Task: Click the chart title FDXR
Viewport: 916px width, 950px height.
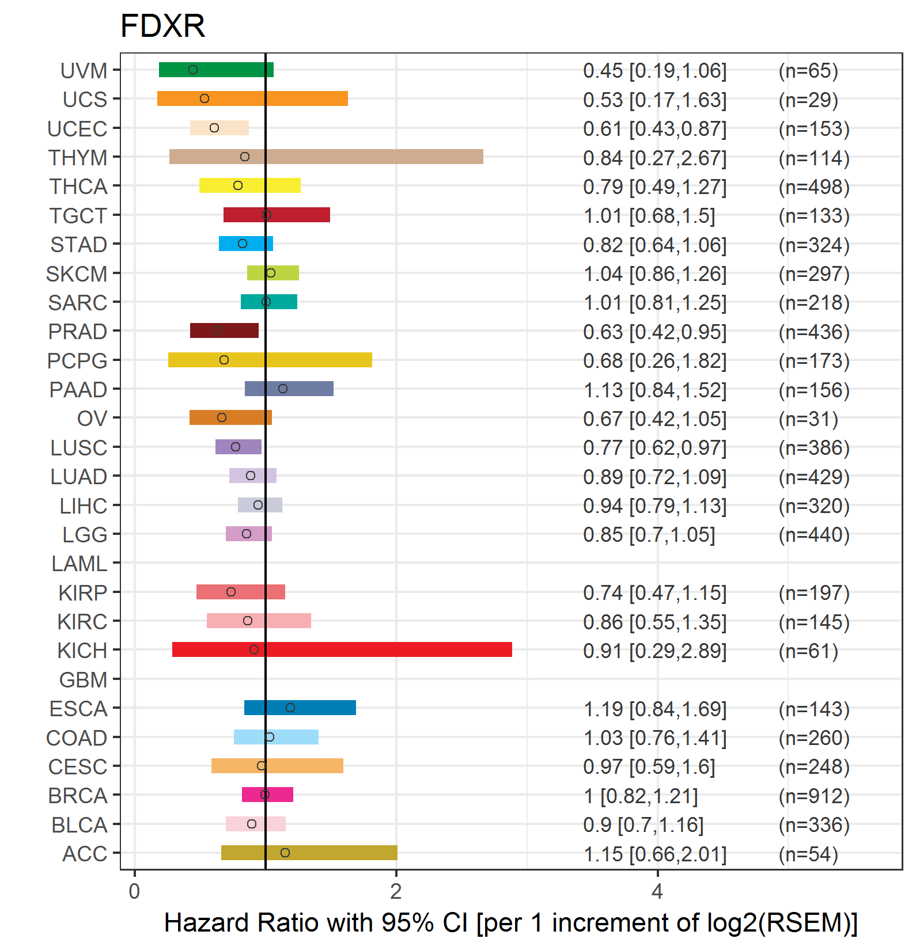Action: tap(162, 26)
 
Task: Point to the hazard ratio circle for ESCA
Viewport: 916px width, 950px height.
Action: tap(290, 708)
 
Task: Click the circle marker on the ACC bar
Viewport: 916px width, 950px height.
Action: tap(285, 853)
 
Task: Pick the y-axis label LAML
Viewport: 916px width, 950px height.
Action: tap(79, 564)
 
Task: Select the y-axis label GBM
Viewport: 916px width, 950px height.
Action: tap(83, 680)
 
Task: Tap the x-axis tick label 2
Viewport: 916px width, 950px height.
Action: tap(396, 892)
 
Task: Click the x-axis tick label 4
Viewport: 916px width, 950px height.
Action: tap(657, 892)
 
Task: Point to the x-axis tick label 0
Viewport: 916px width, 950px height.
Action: tap(134, 892)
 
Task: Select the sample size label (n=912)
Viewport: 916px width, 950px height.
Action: tap(814, 796)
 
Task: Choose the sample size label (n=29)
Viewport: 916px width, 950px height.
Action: tap(808, 100)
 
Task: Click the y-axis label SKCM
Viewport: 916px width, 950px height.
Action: tap(77, 274)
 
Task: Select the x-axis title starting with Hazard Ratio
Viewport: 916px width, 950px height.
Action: tap(510, 923)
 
